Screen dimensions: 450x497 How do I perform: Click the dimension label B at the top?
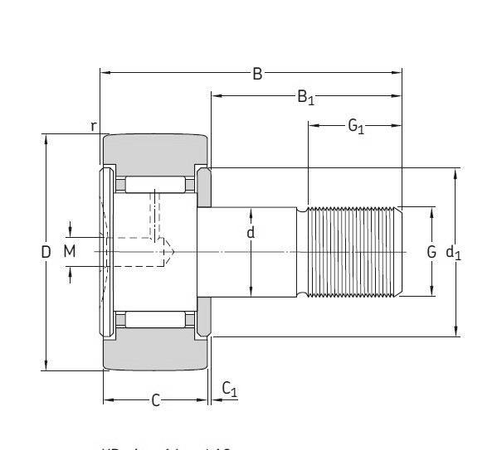click(257, 74)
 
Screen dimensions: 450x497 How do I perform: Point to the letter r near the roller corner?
click(95, 126)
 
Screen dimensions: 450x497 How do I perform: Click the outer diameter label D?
click(46, 252)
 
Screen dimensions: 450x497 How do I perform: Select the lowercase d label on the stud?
click(251, 233)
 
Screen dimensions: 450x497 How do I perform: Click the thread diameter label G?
click(431, 252)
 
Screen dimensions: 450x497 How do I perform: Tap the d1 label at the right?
click(454, 252)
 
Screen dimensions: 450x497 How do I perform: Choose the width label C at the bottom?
click(155, 401)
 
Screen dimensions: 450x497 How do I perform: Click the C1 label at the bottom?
click(230, 390)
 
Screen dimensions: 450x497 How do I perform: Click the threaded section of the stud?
click(353, 251)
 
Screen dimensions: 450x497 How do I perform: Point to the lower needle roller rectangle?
click(155, 320)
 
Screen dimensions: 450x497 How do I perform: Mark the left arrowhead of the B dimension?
click(105, 74)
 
